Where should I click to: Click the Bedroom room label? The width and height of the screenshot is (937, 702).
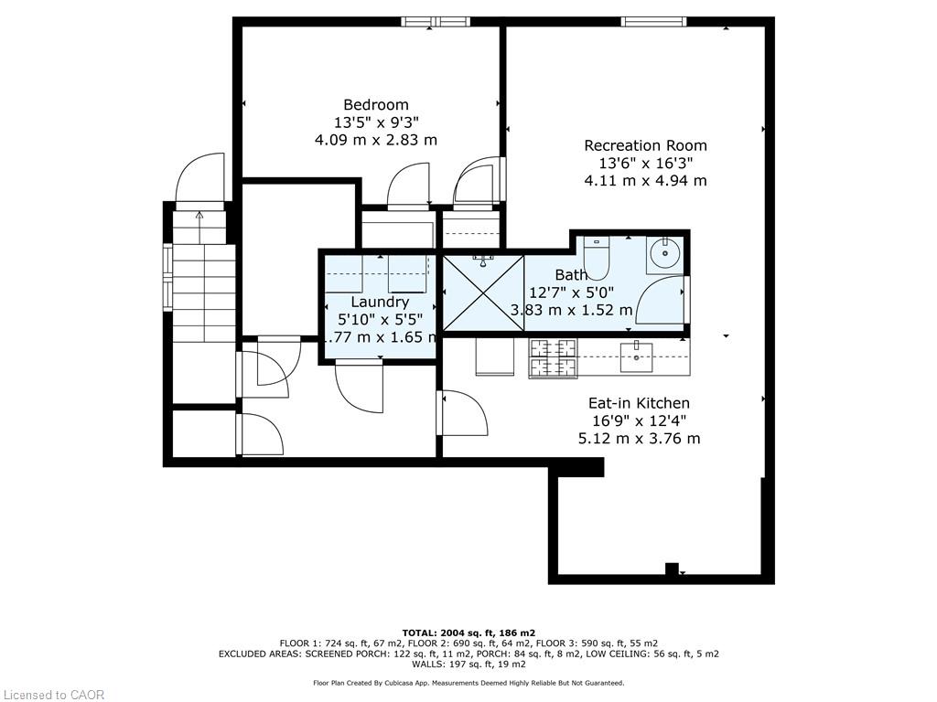coord(376,105)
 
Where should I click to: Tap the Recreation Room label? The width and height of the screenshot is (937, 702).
coord(645,145)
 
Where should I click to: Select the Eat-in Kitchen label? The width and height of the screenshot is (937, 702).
coord(639,403)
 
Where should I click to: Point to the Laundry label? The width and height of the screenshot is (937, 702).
coord(380,302)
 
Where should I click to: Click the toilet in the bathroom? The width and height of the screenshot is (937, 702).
coord(596,258)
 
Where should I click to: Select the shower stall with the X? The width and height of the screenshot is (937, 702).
coord(483,292)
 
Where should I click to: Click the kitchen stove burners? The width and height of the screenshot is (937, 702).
coord(553,358)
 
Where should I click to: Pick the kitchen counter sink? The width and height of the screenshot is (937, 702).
coord(636,357)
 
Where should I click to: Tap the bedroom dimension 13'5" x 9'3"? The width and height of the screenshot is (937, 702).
coord(376,122)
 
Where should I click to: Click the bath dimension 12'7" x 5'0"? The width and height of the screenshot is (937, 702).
coord(571,292)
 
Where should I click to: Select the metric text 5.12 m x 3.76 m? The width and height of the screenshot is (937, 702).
coord(639,439)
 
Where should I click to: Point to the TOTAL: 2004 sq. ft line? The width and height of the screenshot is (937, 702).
coord(468,633)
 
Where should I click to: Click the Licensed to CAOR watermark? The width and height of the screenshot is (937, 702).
coord(52,695)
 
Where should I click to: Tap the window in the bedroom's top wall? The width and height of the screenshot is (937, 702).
coord(436,22)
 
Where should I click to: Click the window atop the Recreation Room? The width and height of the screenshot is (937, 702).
coord(653,22)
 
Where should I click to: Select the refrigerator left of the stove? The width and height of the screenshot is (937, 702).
coord(495,356)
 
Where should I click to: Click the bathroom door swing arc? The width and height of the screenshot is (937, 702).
coord(652,295)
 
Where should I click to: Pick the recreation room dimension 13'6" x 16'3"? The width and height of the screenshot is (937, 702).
coord(645,163)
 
